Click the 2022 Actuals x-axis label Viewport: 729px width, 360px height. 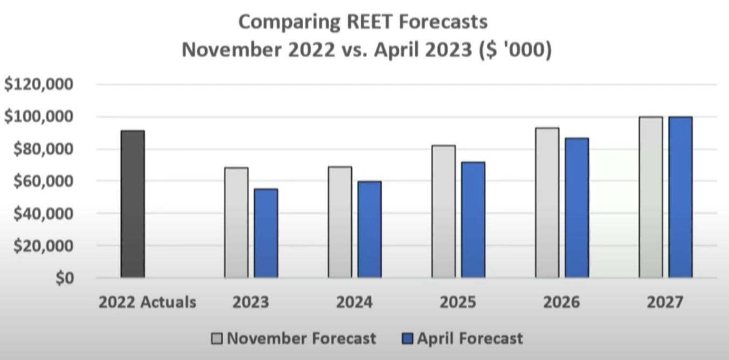coord(147,302)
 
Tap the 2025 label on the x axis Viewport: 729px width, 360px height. coord(458,302)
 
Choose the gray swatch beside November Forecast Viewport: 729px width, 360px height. coord(217,339)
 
